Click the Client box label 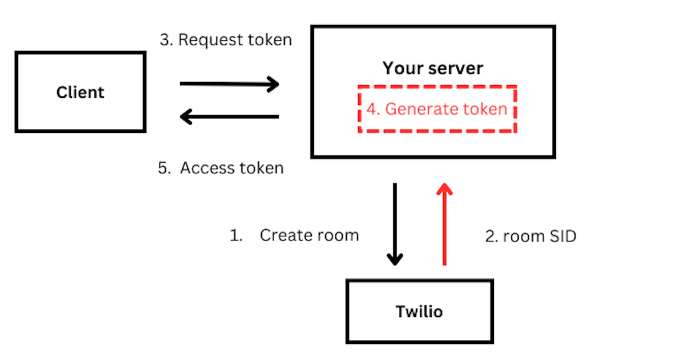tap(80, 92)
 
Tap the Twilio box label tap(419, 311)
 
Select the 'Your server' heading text tap(433, 68)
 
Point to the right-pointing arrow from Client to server tap(229, 83)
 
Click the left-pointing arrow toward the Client tap(229, 117)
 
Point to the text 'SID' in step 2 tap(563, 236)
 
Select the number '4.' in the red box tap(373, 109)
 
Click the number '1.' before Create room tap(236, 235)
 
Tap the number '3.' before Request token tap(166, 40)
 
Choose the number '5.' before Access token tap(164, 168)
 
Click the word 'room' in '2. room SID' tap(523, 236)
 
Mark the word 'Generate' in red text tap(421, 109)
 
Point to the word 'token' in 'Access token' tap(261, 168)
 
